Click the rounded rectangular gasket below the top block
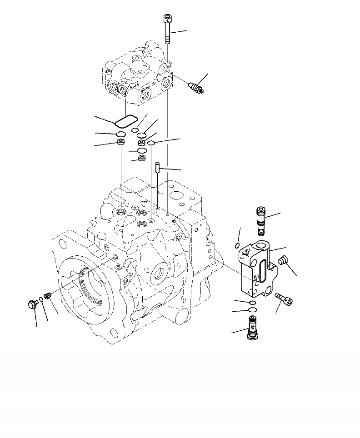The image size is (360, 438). (x=126, y=121)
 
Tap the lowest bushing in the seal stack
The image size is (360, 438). (x=142, y=159)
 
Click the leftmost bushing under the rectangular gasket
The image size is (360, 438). (x=121, y=143)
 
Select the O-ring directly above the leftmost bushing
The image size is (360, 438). (x=121, y=134)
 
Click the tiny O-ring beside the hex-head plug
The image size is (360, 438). (x=42, y=299)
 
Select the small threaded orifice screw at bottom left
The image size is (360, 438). (x=49, y=295)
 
